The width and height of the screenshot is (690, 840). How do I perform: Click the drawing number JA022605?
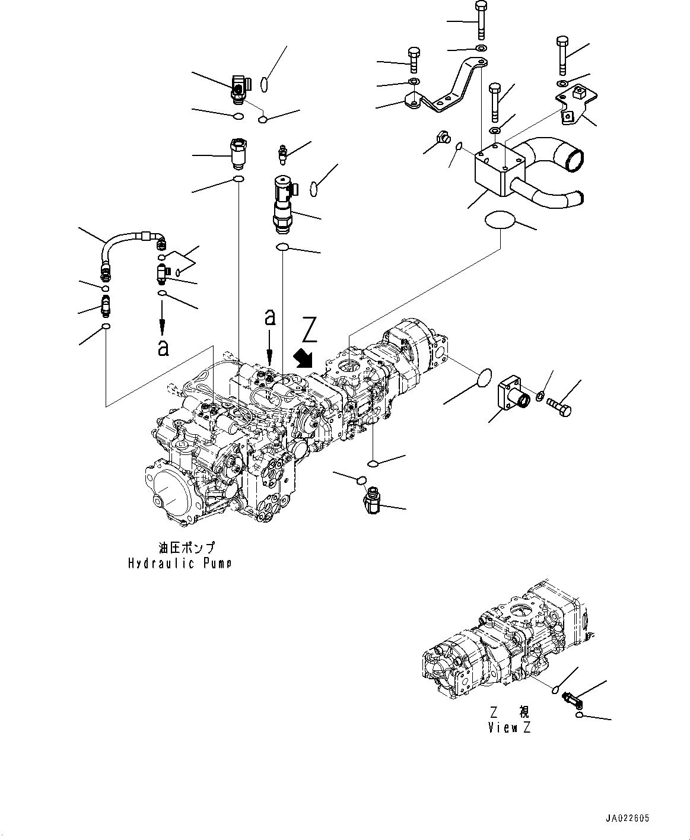[627, 818]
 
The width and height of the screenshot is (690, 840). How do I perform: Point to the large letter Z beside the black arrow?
[309, 331]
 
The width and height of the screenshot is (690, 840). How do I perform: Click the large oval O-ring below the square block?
[500, 221]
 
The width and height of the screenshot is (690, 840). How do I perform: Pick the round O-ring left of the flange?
[486, 378]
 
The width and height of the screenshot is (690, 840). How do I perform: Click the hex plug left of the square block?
[441, 137]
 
